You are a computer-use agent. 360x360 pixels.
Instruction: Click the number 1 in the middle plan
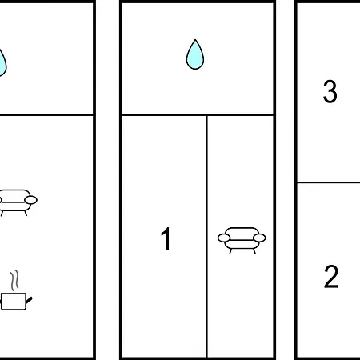(x=166, y=238)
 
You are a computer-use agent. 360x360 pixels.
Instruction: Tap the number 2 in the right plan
(x=331, y=277)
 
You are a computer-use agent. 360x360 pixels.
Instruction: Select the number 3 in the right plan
(x=330, y=91)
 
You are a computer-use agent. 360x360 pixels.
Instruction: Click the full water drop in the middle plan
(x=195, y=54)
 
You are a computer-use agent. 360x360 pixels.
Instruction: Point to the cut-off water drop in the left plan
(x=2, y=63)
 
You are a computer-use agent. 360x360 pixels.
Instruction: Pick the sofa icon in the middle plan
(x=242, y=240)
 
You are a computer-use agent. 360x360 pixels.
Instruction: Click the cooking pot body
(x=14, y=302)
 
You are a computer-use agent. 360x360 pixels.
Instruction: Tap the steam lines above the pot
(x=15, y=280)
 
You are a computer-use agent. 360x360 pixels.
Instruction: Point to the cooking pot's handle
(x=29, y=300)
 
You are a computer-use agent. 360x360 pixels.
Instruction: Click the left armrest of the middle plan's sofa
(x=224, y=238)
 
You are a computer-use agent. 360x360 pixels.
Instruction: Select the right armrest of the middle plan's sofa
(x=259, y=238)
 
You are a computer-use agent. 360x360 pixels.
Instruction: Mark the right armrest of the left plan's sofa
(x=31, y=200)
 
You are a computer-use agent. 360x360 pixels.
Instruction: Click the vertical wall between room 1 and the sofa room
(x=207, y=237)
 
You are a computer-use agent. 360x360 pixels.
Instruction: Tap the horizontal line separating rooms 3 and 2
(x=329, y=182)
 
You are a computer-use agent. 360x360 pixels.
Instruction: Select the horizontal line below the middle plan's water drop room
(x=198, y=115)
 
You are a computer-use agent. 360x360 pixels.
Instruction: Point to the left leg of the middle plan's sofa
(x=230, y=251)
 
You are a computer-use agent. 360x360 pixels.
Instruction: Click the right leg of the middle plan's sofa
(x=254, y=251)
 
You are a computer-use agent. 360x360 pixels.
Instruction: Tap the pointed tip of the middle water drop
(x=195, y=40)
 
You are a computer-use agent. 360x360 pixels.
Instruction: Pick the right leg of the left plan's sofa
(x=26, y=213)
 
